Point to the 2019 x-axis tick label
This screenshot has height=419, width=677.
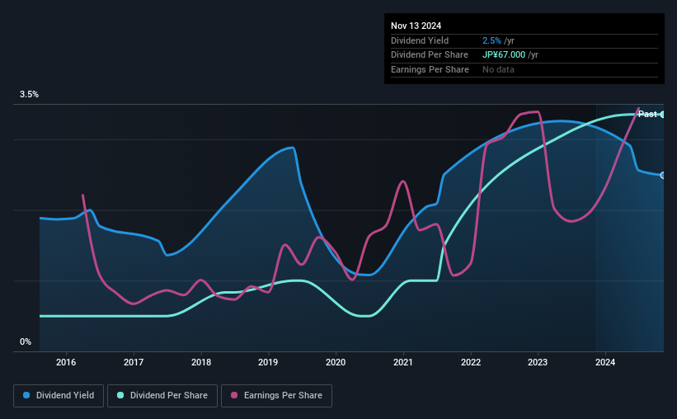coord(268,362)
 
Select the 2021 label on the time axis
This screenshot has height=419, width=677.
coord(403,362)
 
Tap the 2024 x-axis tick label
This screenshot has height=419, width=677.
coord(605,362)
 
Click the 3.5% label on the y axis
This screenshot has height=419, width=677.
coord(30,95)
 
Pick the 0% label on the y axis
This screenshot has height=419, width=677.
coord(26,341)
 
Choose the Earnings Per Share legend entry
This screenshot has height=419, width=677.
coord(277,396)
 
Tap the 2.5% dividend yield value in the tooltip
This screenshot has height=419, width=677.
coord(491,40)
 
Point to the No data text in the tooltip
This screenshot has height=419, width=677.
coord(500,69)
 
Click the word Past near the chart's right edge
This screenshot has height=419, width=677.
coord(647,114)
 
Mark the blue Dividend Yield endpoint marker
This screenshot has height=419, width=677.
coord(663,175)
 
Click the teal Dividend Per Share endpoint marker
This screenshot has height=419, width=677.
coord(663,115)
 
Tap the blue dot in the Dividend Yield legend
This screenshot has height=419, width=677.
coord(27,396)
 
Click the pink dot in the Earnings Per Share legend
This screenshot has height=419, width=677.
coord(234,396)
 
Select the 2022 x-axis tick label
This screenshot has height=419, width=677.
coord(471,362)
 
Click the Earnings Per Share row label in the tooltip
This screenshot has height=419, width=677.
coord(430,69)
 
